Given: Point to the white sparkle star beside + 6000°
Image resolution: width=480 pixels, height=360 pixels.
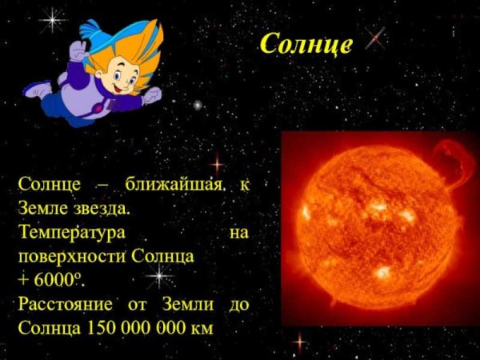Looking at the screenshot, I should [159, 277].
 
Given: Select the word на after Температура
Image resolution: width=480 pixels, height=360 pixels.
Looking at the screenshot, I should [238, 233].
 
